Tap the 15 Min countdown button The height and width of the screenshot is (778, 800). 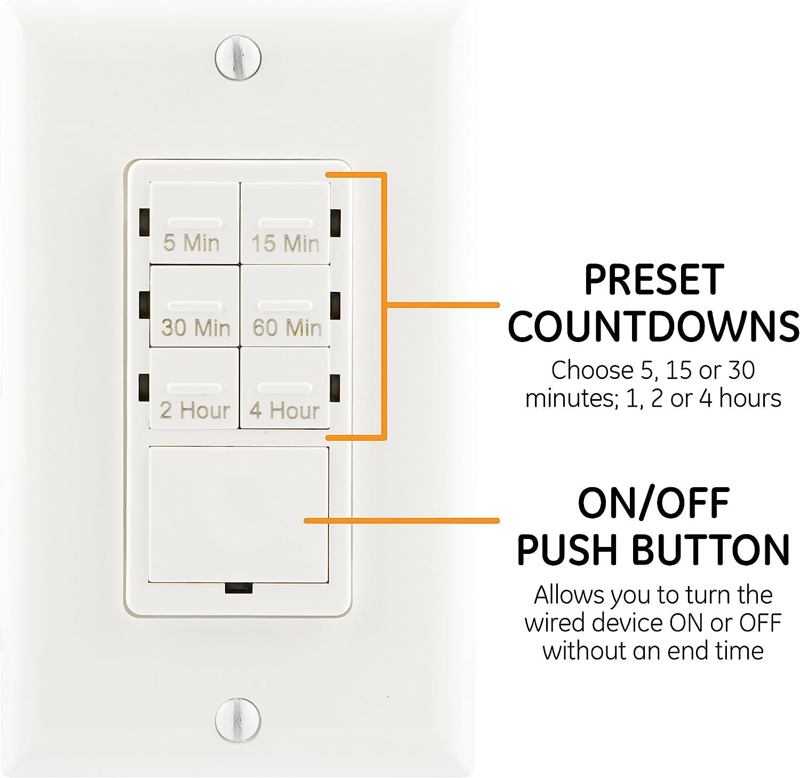(285, 223)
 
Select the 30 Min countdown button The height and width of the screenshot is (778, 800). (195, 306)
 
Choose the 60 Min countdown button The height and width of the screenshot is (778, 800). (285, 306)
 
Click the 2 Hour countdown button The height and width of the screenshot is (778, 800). (195, 388)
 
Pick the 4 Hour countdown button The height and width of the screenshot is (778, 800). (285, 388)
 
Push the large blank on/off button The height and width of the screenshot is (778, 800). (239, 514)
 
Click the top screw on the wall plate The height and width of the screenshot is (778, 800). (238, 57)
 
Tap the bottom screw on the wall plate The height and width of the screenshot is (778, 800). (238, 719)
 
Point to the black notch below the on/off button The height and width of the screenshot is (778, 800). (238, 588)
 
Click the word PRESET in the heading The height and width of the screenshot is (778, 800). (654, 279)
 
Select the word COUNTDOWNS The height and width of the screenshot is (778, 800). (653, 327)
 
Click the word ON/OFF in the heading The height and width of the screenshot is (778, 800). (654, 503)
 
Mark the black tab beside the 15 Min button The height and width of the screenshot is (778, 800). (335, 223)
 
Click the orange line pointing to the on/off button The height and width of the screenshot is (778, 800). (402, 520)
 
